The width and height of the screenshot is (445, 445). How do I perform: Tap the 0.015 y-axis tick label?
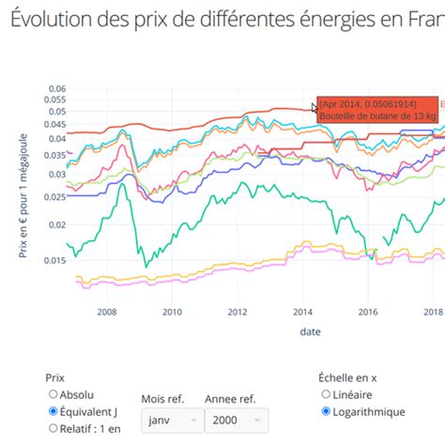(x=53, y=259)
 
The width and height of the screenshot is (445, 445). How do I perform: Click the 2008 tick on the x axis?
(x=106, y=312)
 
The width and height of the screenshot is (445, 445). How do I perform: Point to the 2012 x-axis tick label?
(x=237, y=312)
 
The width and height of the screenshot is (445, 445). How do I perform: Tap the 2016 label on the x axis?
(x=368, y=312)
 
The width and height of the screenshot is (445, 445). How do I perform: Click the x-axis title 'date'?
(x=310, y=331)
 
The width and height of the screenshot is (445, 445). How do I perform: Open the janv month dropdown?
(x=172, y=421)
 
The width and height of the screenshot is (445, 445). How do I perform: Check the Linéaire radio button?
(x=326, y=394)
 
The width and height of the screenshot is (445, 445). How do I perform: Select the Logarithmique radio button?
(x=326, y=411)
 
